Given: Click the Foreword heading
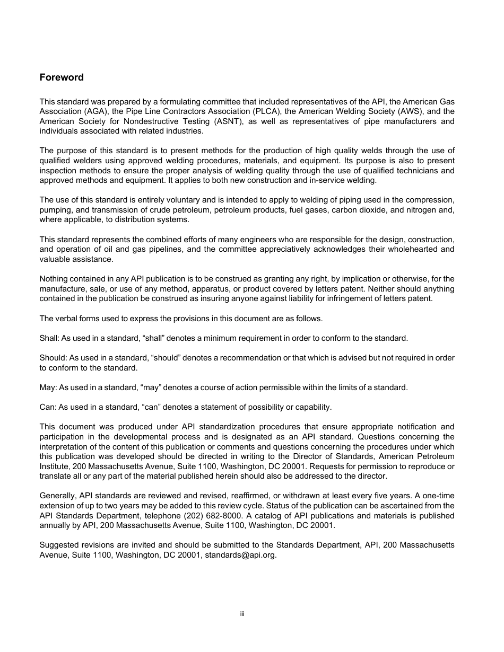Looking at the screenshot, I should point(62,77).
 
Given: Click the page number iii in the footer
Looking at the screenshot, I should point(242,614).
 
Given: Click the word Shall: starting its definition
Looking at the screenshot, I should point(49,338).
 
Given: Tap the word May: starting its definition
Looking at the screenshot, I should point(48,387).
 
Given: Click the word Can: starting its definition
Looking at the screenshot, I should point(48,407).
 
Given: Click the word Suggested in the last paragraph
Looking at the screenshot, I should point(58,545).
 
